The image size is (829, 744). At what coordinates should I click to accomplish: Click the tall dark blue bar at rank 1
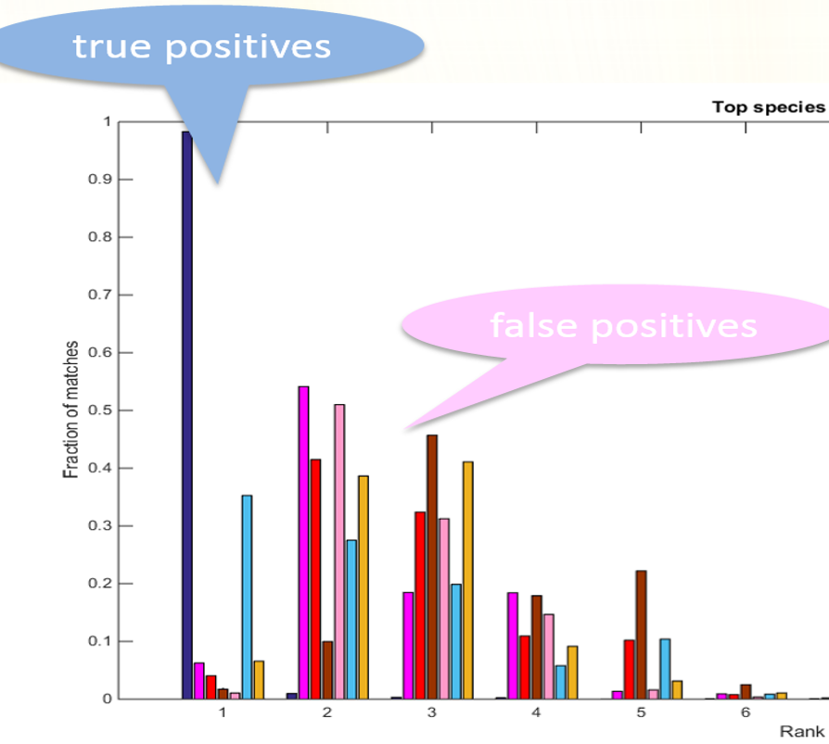187,415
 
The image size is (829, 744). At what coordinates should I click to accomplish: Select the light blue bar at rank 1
247,597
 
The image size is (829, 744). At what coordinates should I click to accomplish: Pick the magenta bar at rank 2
303,543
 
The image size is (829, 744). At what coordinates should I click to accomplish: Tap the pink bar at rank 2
339,551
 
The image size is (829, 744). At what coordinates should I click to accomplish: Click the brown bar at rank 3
432,567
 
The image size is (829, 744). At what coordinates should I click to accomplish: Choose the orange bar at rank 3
468,580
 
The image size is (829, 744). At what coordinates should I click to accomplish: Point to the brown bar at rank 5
642,635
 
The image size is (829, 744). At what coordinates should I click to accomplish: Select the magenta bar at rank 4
513,646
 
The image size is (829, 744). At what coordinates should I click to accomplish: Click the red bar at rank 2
315,579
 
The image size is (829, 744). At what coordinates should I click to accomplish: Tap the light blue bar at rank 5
665,669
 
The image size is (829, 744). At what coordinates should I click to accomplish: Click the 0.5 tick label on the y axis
100,410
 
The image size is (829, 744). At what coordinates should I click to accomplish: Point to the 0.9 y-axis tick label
100,179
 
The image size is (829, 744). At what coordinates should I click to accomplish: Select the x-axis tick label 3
432,712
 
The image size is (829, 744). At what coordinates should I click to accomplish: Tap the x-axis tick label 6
746,712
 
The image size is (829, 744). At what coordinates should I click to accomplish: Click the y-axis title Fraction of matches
70,410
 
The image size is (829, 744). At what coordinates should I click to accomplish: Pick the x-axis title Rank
802,731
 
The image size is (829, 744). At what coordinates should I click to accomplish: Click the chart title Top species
769,107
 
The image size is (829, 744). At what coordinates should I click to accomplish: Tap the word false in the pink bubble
534,325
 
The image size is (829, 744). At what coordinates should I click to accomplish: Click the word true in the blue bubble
112,46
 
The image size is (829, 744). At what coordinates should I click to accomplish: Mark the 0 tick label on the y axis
108,700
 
